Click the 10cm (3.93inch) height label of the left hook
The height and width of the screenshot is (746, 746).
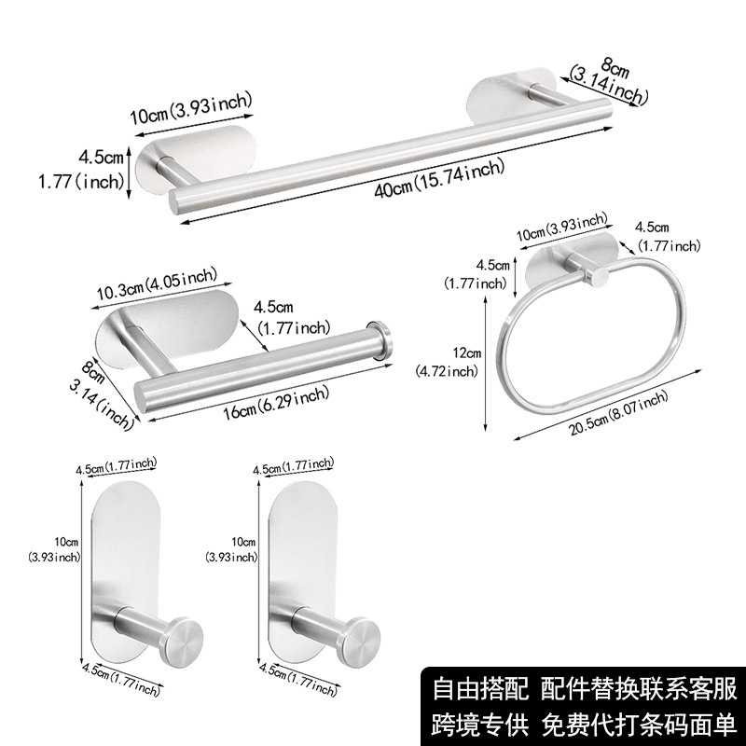pyautogui.click(x=57, y=549)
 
